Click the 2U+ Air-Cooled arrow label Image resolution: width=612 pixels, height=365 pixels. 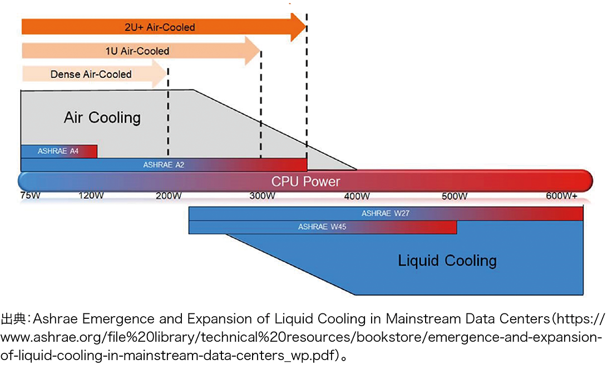(x=160, y=27)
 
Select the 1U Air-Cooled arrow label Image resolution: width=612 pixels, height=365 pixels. (x=137, y=51)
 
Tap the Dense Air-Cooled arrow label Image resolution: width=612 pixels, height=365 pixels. (x=91, y=74)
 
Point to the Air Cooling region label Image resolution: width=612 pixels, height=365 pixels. (x=102, y=118)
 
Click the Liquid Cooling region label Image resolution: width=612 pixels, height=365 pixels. (x=447, y=261)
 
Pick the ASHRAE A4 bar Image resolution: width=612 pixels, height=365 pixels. (x=59, y=151)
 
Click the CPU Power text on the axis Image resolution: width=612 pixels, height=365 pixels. (x=305, y=182)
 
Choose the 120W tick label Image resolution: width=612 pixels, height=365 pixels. (x=91, y=196)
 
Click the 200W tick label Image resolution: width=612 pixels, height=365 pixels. (x=169, y=196)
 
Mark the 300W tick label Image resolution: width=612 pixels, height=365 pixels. (x=263, y=196)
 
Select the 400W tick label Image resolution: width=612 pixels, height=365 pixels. (x=357, y=196)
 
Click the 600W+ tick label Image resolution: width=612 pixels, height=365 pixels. (x=561, y=196)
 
